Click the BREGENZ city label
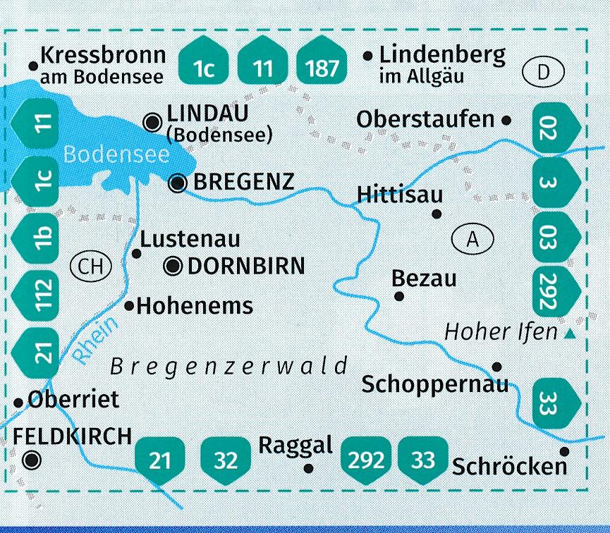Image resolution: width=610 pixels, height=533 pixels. click(x=243, y=183)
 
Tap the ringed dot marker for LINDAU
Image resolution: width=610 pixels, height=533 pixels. click(x=152, y=122)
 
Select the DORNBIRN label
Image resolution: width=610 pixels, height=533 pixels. click(x=245, y=266)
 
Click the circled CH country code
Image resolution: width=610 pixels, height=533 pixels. click(x=92, y=266)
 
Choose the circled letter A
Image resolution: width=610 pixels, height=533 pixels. click(x=472, y=240)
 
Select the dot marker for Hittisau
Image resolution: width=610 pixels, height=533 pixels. click(x=437, y=214)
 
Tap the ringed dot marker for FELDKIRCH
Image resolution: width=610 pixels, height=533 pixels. click(x=30, y=461)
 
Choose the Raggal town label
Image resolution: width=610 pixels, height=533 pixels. click(x=295, y=446)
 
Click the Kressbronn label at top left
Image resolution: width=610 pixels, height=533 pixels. click(x=103, y=55)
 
